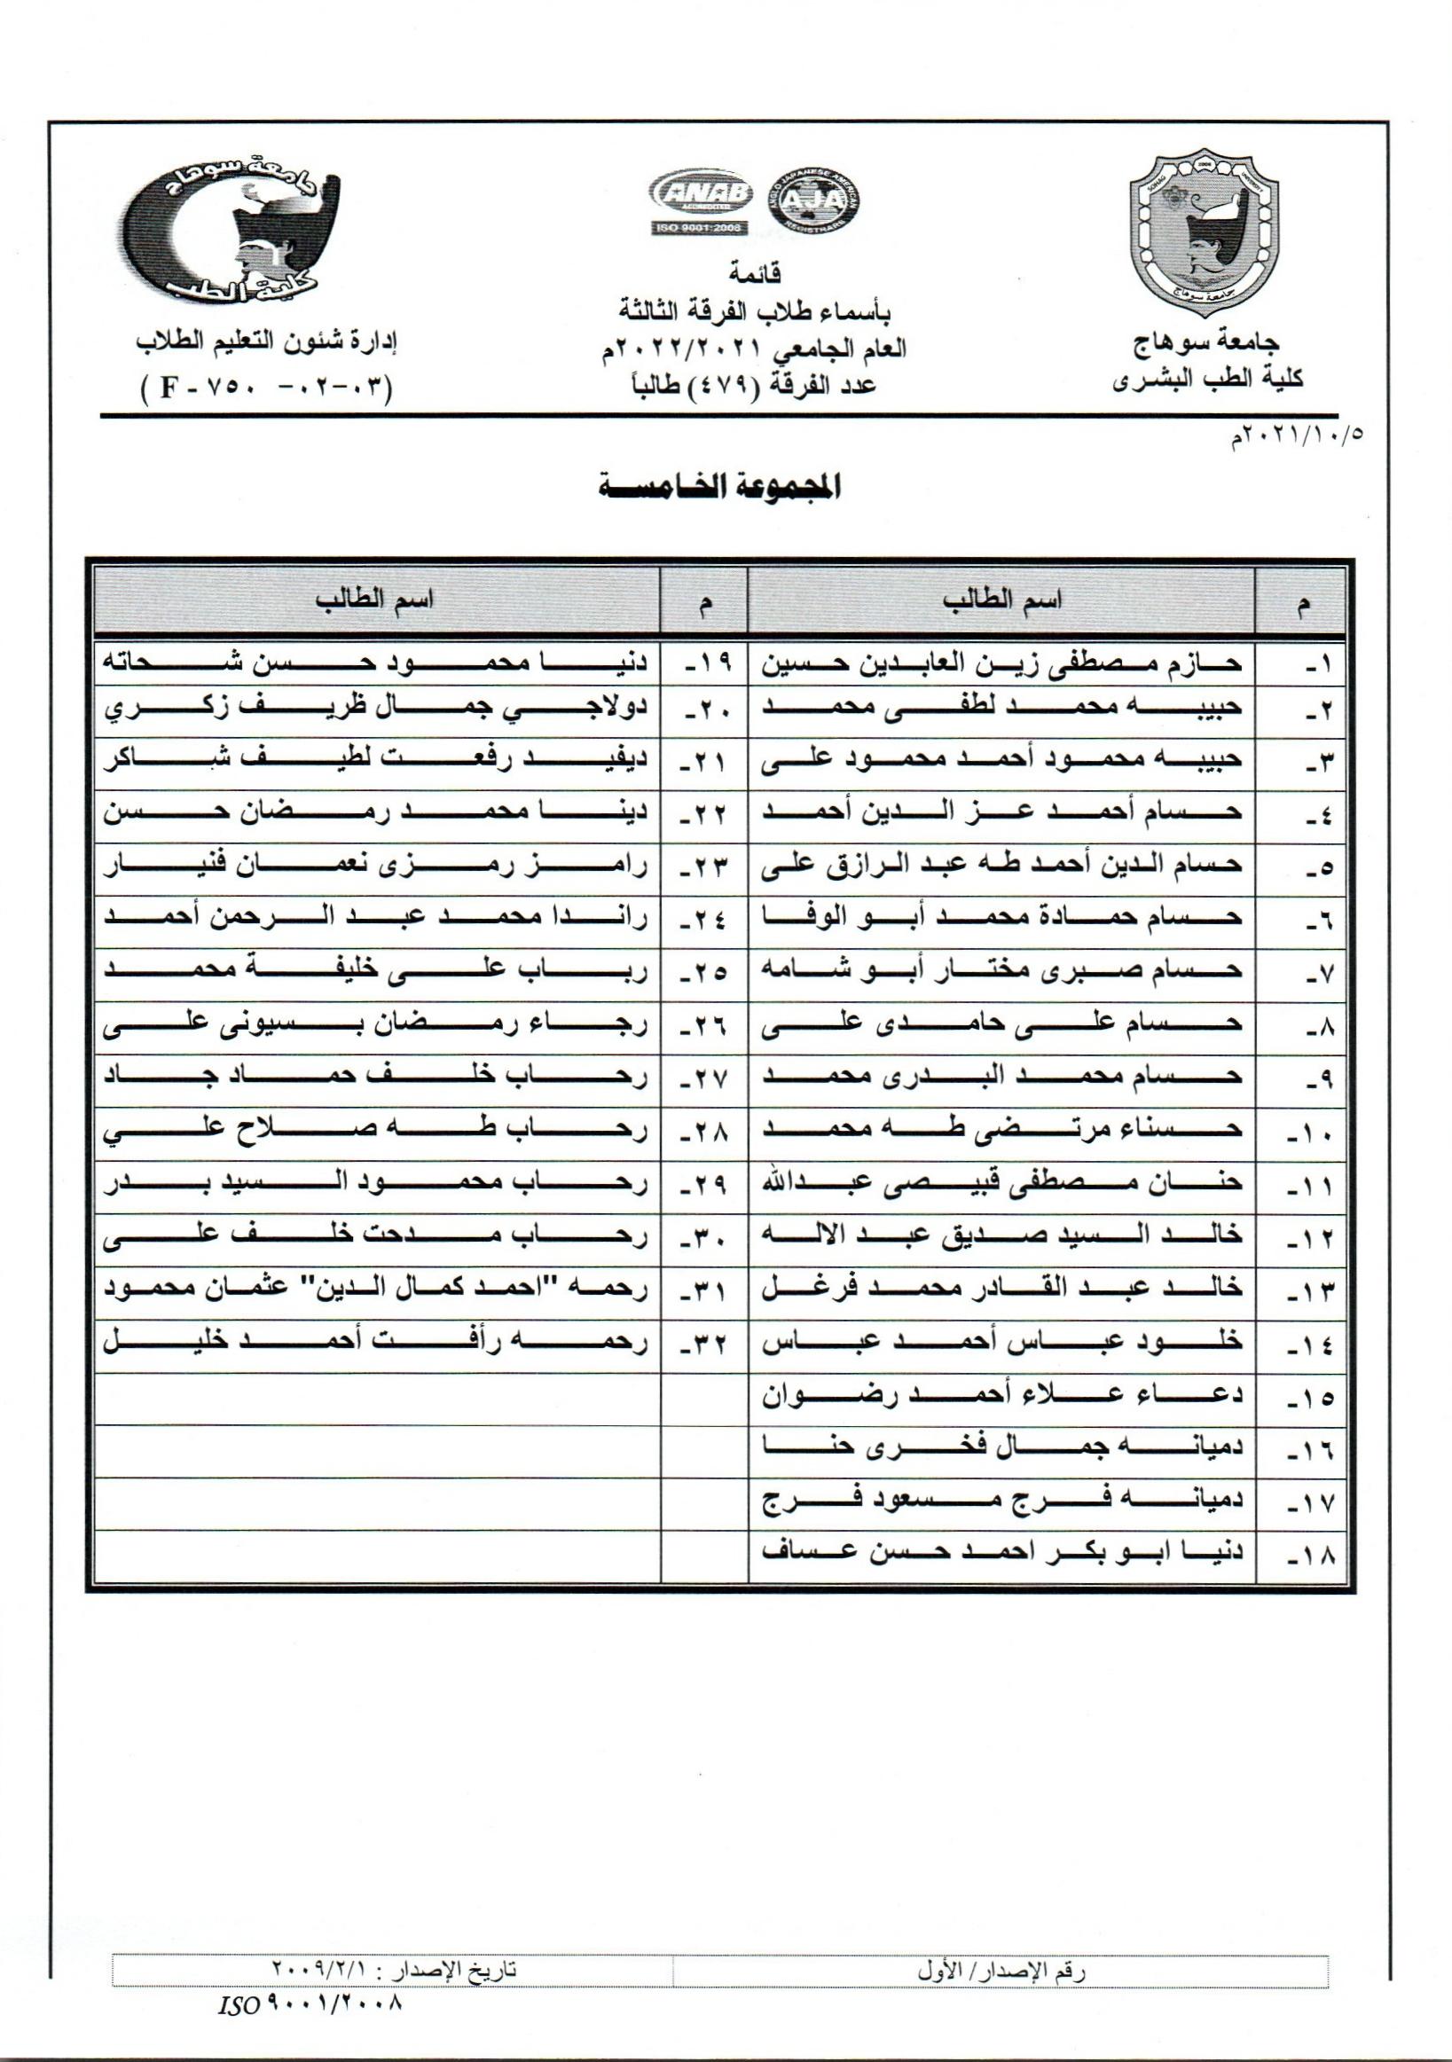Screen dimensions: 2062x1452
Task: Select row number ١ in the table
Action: (x=1317, y=665)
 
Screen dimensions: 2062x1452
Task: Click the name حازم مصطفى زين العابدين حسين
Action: (x=1001, y=663)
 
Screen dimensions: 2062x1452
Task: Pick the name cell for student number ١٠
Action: (x=1001, y=1129)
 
